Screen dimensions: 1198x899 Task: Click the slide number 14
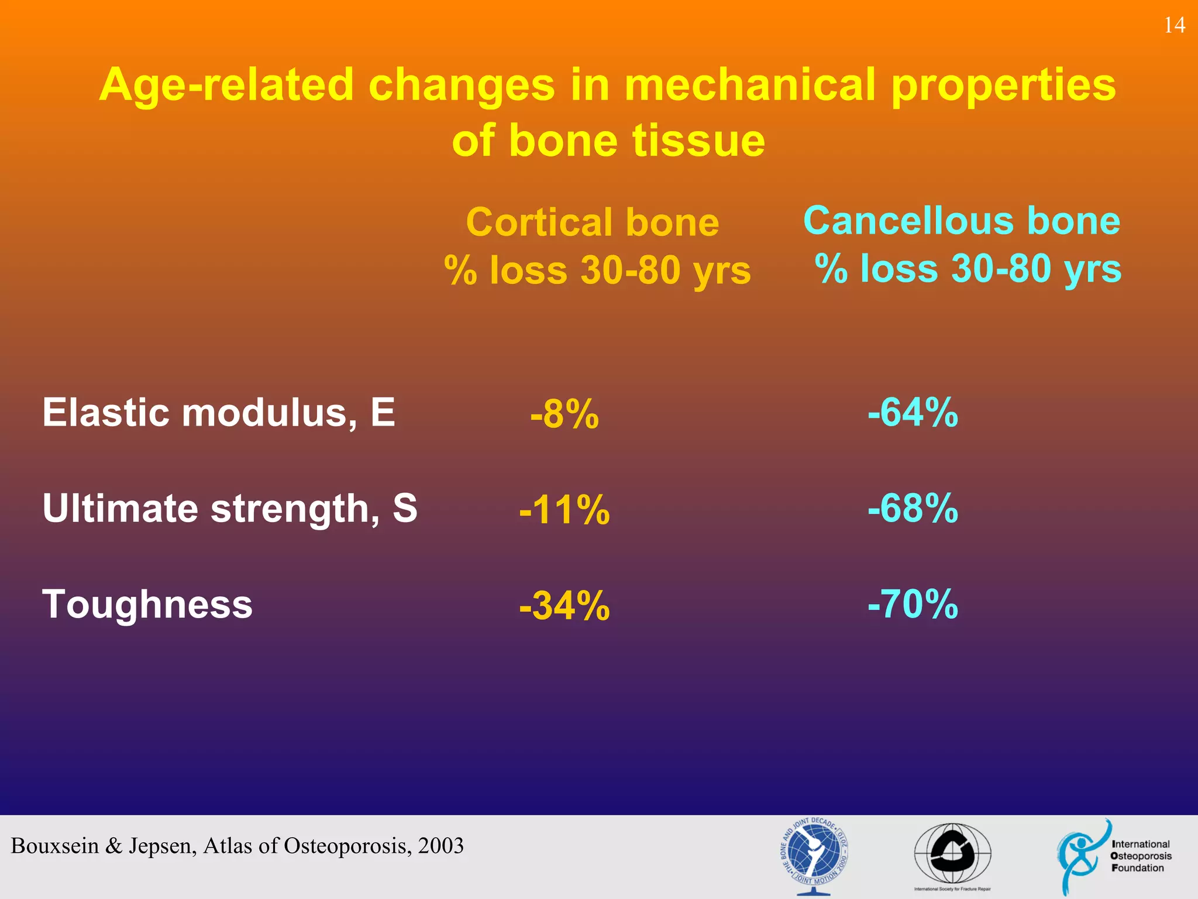1174,25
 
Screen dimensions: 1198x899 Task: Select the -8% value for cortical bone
564,414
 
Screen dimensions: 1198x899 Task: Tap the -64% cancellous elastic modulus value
913,412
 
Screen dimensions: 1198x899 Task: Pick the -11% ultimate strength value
564,509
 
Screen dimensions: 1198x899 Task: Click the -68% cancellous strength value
913,507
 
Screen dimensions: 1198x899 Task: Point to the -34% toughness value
564,605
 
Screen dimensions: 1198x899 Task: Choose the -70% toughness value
913,603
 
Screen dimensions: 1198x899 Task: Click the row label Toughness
147,604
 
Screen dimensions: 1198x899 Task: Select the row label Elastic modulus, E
219,413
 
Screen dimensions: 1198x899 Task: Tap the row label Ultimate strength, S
230,508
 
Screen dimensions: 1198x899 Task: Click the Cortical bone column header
593,222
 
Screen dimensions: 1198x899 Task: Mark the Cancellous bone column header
962,221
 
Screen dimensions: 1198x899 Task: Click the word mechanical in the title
750,85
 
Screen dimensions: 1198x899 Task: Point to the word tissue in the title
698,140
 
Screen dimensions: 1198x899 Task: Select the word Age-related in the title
226,85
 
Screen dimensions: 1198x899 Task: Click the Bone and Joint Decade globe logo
814,854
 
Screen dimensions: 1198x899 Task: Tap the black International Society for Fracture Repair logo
952,855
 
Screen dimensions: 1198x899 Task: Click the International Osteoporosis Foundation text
1140,856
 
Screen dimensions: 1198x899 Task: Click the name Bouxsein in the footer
55,846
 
